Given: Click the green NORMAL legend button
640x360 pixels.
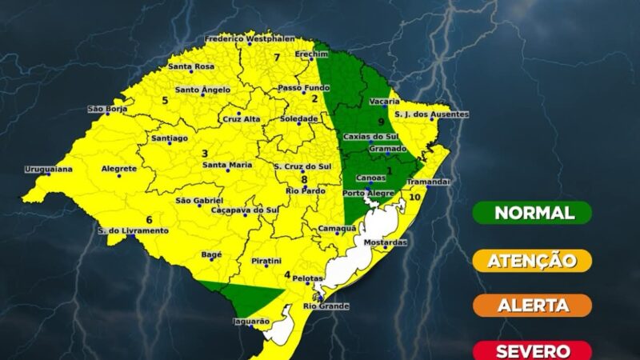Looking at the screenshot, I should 533,213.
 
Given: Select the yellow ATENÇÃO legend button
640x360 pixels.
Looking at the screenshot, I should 533,260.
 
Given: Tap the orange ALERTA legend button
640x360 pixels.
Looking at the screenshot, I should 533,305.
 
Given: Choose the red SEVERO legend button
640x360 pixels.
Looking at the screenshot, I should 533,350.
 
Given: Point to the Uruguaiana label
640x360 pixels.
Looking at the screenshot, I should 48,169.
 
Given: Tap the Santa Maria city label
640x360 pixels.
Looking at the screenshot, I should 227,165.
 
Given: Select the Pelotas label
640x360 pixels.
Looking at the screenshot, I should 306,278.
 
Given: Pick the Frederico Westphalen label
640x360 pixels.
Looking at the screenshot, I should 249,38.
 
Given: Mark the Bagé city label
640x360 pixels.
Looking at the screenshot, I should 211,254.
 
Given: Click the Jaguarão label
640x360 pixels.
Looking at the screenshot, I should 248,320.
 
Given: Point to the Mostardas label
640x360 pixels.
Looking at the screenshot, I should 386,242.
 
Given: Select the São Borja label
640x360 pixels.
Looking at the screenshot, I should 107,109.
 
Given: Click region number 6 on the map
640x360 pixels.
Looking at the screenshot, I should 149,219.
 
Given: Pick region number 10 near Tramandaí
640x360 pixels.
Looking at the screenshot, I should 414,196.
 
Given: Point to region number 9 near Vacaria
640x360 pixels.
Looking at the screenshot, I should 382,122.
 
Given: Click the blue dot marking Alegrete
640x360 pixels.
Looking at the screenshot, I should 119,175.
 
